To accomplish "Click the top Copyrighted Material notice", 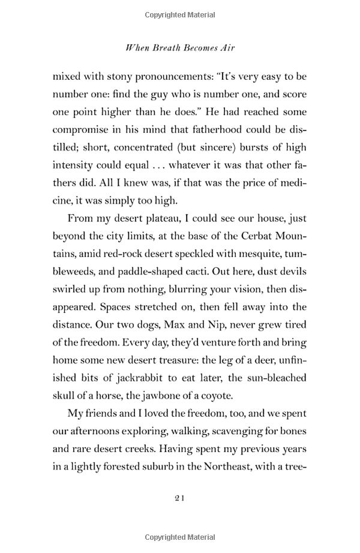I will pos(179,13).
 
